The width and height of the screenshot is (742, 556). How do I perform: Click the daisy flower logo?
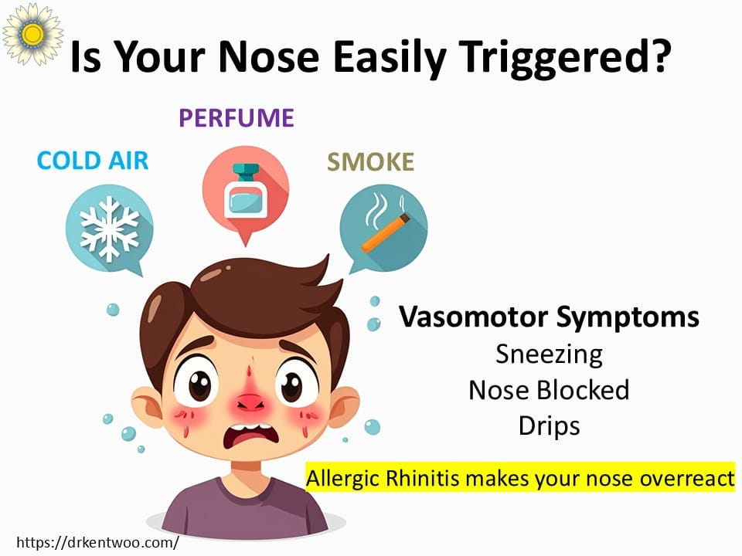(x=32, y=33)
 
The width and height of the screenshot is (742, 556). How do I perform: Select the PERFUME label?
(x=237, y=117)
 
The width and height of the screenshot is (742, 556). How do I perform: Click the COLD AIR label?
(x=93, y=161)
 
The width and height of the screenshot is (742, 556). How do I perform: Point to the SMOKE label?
(x=370, y=162)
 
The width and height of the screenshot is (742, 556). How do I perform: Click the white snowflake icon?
(x=109, y=229)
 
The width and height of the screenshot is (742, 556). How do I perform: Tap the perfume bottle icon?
(x=246, y=191)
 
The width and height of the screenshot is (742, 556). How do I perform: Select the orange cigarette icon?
(x=386, y=232)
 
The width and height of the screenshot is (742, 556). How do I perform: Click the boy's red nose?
(x=250, y=401)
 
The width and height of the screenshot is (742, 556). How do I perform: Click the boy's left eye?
(x=199, y=384)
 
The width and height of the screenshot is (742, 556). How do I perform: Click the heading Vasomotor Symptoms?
(x=549, y=317)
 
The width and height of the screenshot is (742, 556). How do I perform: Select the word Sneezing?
(x=549, y=354)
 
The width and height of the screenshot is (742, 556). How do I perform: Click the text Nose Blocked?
(x=549, y=390)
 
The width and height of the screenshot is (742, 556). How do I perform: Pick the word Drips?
(x=549, y=426)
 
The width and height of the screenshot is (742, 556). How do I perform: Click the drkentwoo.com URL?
(x=97, y=542)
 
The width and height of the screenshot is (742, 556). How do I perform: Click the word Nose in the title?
(x=269, y=57)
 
